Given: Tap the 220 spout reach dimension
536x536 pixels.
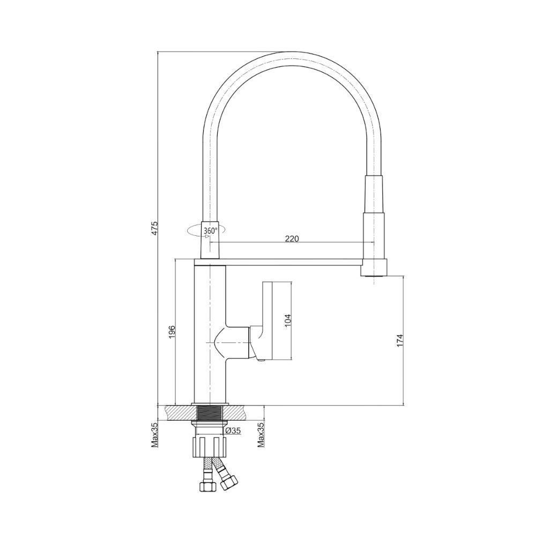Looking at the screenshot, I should pyautogui.click(x=291, y=239).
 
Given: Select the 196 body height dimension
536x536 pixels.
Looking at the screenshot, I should pyautogui.click(x=172, y=331).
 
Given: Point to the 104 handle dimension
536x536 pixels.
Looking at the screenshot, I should pyautogui.click(x=287, y=320).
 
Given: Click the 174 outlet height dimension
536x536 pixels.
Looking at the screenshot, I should pyautogui.click(x=399, y=340).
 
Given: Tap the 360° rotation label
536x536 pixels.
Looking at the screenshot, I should pyautogui.click(x=210, y=231).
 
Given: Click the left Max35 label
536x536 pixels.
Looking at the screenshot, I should pyautogui.click(x=154, y=434).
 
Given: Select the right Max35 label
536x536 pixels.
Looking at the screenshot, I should pyautogui.click(x=260, y=434).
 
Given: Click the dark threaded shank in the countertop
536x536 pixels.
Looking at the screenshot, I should pyautogui.click(x=210, y=413).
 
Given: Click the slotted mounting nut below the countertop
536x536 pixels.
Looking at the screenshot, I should pyautogui.click(x=210, y=446).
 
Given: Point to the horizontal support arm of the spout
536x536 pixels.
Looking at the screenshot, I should pyautogui.click(x=292, y=263).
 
